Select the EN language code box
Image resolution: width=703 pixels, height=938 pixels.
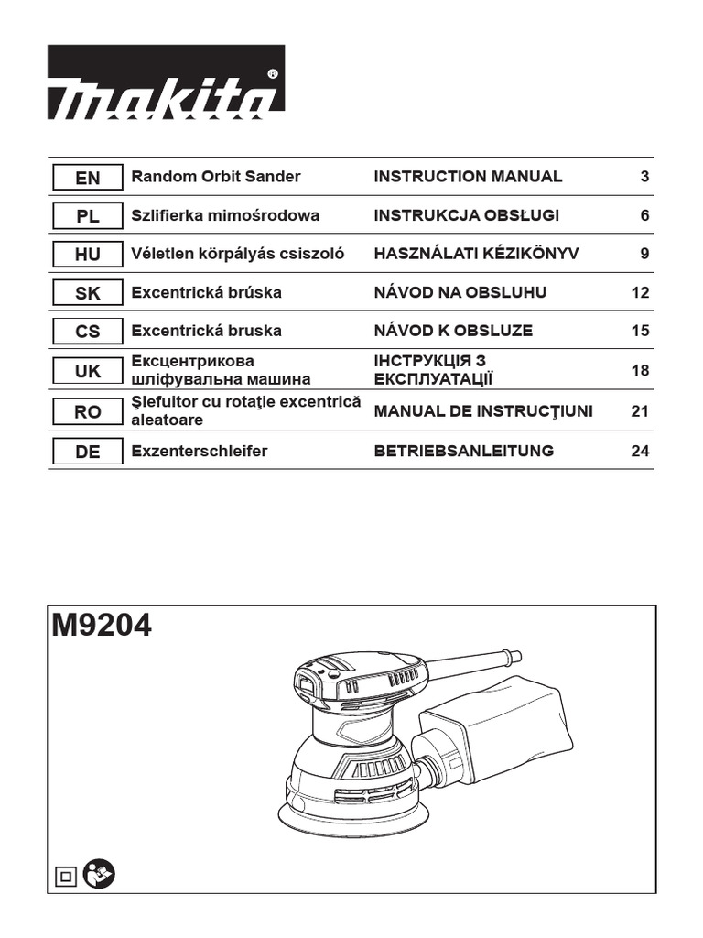point(88,177)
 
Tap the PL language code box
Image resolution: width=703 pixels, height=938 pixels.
point(88,216)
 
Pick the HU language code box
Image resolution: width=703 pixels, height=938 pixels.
point(88,255)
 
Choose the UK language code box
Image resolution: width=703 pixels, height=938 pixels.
point(88,371)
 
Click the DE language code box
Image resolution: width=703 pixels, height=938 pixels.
point(88,452)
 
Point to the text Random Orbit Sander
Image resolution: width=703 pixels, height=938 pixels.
point(216,177)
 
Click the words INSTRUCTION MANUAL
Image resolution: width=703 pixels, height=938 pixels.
point(468,177)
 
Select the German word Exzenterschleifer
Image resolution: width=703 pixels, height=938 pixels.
point(200,452)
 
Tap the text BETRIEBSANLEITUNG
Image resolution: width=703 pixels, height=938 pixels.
point(463,452)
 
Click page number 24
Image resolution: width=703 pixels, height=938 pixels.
point(640,452)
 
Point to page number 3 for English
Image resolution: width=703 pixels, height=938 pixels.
point(644,177)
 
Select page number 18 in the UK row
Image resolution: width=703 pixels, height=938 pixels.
point(640,371)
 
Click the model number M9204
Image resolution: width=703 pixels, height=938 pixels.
point(103,627)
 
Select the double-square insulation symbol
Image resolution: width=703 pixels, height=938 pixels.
point(67,877)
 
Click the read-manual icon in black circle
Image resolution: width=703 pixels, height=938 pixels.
point(98,876)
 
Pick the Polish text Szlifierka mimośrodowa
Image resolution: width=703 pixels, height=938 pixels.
point(225,216)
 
